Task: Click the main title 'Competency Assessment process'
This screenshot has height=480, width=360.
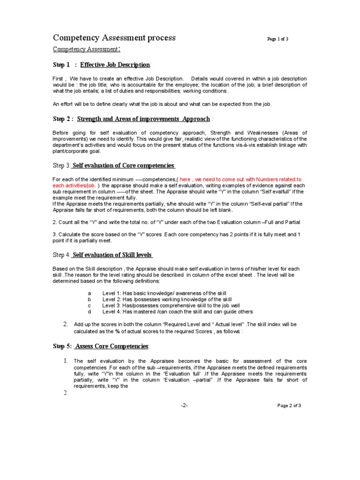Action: coord(114,37)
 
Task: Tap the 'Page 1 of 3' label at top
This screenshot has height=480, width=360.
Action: coord(277,39)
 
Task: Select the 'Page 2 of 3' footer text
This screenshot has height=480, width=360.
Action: coord(289,405)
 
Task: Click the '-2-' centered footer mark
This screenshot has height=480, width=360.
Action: coord(184,405)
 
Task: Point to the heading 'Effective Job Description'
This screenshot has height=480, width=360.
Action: coord(115,64)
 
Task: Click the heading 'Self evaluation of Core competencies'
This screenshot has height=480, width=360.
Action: coord(124,165)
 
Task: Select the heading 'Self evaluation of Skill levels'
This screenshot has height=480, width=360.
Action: coord(112,255)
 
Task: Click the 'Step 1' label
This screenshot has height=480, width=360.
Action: coord(61,64)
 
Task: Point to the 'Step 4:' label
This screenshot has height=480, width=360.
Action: coord(62,255)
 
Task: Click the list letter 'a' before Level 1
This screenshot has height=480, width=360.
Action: coord(89,293)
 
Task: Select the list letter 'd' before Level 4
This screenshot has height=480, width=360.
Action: coord(89,311)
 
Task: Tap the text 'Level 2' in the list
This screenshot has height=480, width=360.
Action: coord(111,299)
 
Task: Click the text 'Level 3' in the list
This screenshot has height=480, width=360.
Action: coord(111,305)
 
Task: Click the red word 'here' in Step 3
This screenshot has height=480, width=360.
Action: coord(185,180)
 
